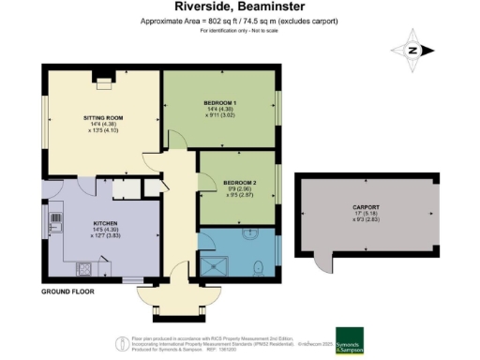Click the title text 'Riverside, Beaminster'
click(x=239, y=7)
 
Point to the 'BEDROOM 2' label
click(x=238, y=182)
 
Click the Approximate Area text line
click(x=239, y=21)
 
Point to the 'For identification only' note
click(x=239, y=32)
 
